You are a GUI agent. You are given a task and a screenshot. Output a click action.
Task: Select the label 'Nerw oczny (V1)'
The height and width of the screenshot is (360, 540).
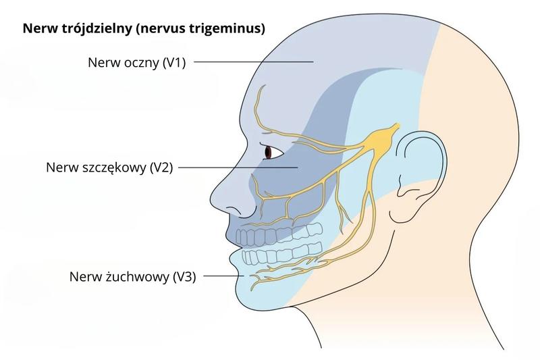coord(136,62)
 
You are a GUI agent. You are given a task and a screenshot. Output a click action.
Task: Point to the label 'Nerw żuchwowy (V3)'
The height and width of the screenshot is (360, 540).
coord(132,276)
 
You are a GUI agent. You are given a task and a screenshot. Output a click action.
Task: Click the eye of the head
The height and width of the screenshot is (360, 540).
coord(271,153)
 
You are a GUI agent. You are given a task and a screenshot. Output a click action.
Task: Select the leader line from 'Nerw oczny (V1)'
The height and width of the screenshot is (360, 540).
coord(253,62)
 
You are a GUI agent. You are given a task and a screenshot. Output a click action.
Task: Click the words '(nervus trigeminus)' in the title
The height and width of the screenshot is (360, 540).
coord(209,29)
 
